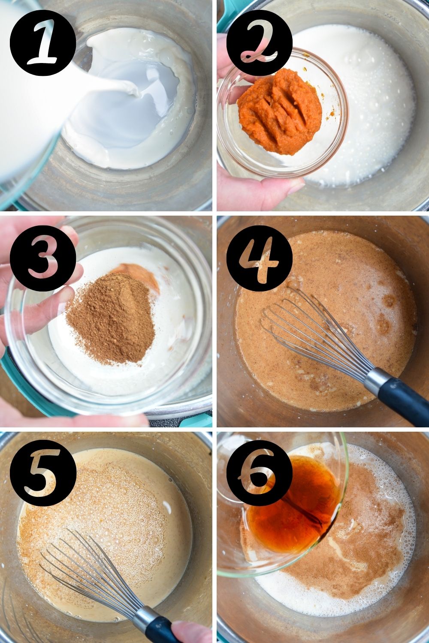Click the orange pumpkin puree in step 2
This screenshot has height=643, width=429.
(279, 109)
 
